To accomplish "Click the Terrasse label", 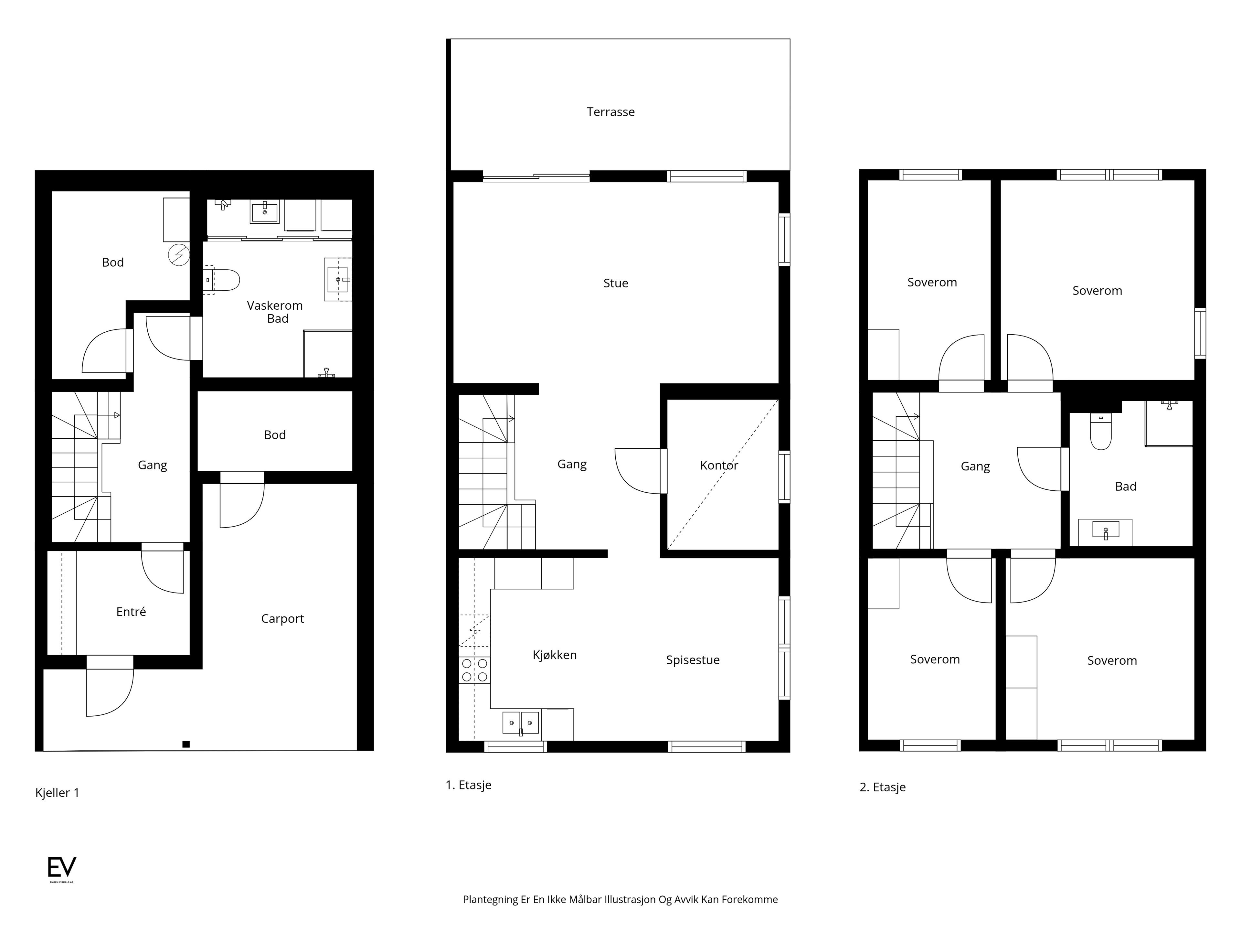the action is [x=610, y=112].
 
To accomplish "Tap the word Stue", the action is [x=615, y=284].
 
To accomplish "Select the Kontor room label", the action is [x=719, y=465].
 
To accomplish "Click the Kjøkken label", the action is [x=554, y=655].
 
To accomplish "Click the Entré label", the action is [x=131, y=612].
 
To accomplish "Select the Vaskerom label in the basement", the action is [x=274, y=306].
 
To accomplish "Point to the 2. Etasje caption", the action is [x=883, y=787].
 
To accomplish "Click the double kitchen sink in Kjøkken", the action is [x=521, y=723].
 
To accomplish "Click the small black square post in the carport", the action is [x=186, y=744].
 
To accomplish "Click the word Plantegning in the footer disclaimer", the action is [x=490, y=900].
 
